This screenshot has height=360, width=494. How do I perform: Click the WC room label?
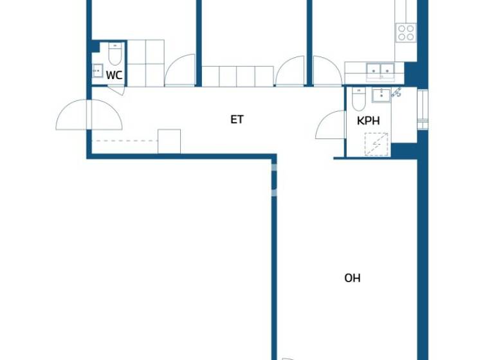point(114,75)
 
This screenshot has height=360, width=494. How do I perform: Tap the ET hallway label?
point(237,119)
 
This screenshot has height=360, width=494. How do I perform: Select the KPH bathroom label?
point(368,120)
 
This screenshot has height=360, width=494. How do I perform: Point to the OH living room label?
point(352,278)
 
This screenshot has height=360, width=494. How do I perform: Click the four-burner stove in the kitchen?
point(406,32)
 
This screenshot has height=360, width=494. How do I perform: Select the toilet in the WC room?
point(115,54)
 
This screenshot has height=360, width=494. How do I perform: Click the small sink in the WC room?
point(98,71)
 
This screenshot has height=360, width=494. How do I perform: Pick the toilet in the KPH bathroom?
point(360,100)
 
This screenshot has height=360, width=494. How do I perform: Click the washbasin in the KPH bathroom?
point(381,95)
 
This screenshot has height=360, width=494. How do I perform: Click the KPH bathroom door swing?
point(332,125)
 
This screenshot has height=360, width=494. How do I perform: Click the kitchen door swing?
point(327,72)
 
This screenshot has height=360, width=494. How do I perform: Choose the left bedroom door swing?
point(181,71)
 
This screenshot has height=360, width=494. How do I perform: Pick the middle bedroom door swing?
point(291,72)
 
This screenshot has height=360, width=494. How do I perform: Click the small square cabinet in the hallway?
point(169,141)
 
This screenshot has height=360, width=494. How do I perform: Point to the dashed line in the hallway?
point(125,141)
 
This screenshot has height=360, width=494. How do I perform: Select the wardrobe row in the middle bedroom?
point(238,76)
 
